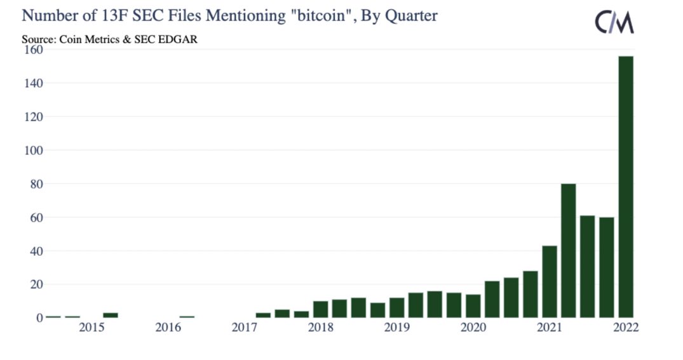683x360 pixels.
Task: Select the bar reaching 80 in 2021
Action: pyautogui.click(x=568, y=250)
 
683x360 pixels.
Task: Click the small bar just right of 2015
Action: pyautogui.click(x=111, y=314)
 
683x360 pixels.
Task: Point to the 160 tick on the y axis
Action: pyautogui.click(x=32, y=50)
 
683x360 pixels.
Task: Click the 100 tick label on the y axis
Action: pyautogui.click(x=32, y=150)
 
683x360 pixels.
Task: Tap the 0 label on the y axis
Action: pyautogui.click(x=38, y=317)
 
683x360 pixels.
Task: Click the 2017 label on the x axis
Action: pyautogui.click(x=245, y=328)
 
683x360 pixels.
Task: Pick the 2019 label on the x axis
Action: pyautogui.click(x=396, y=328)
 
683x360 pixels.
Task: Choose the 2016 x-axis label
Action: pyautogui.click(x=168, y=328)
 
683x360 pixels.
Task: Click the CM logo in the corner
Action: pyautogui.click(x=614, y=23)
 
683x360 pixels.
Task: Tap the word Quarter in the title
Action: pyautogui.click(x=411, y=16)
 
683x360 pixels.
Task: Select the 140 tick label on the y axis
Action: pyautogui.click(x=32, y=83)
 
